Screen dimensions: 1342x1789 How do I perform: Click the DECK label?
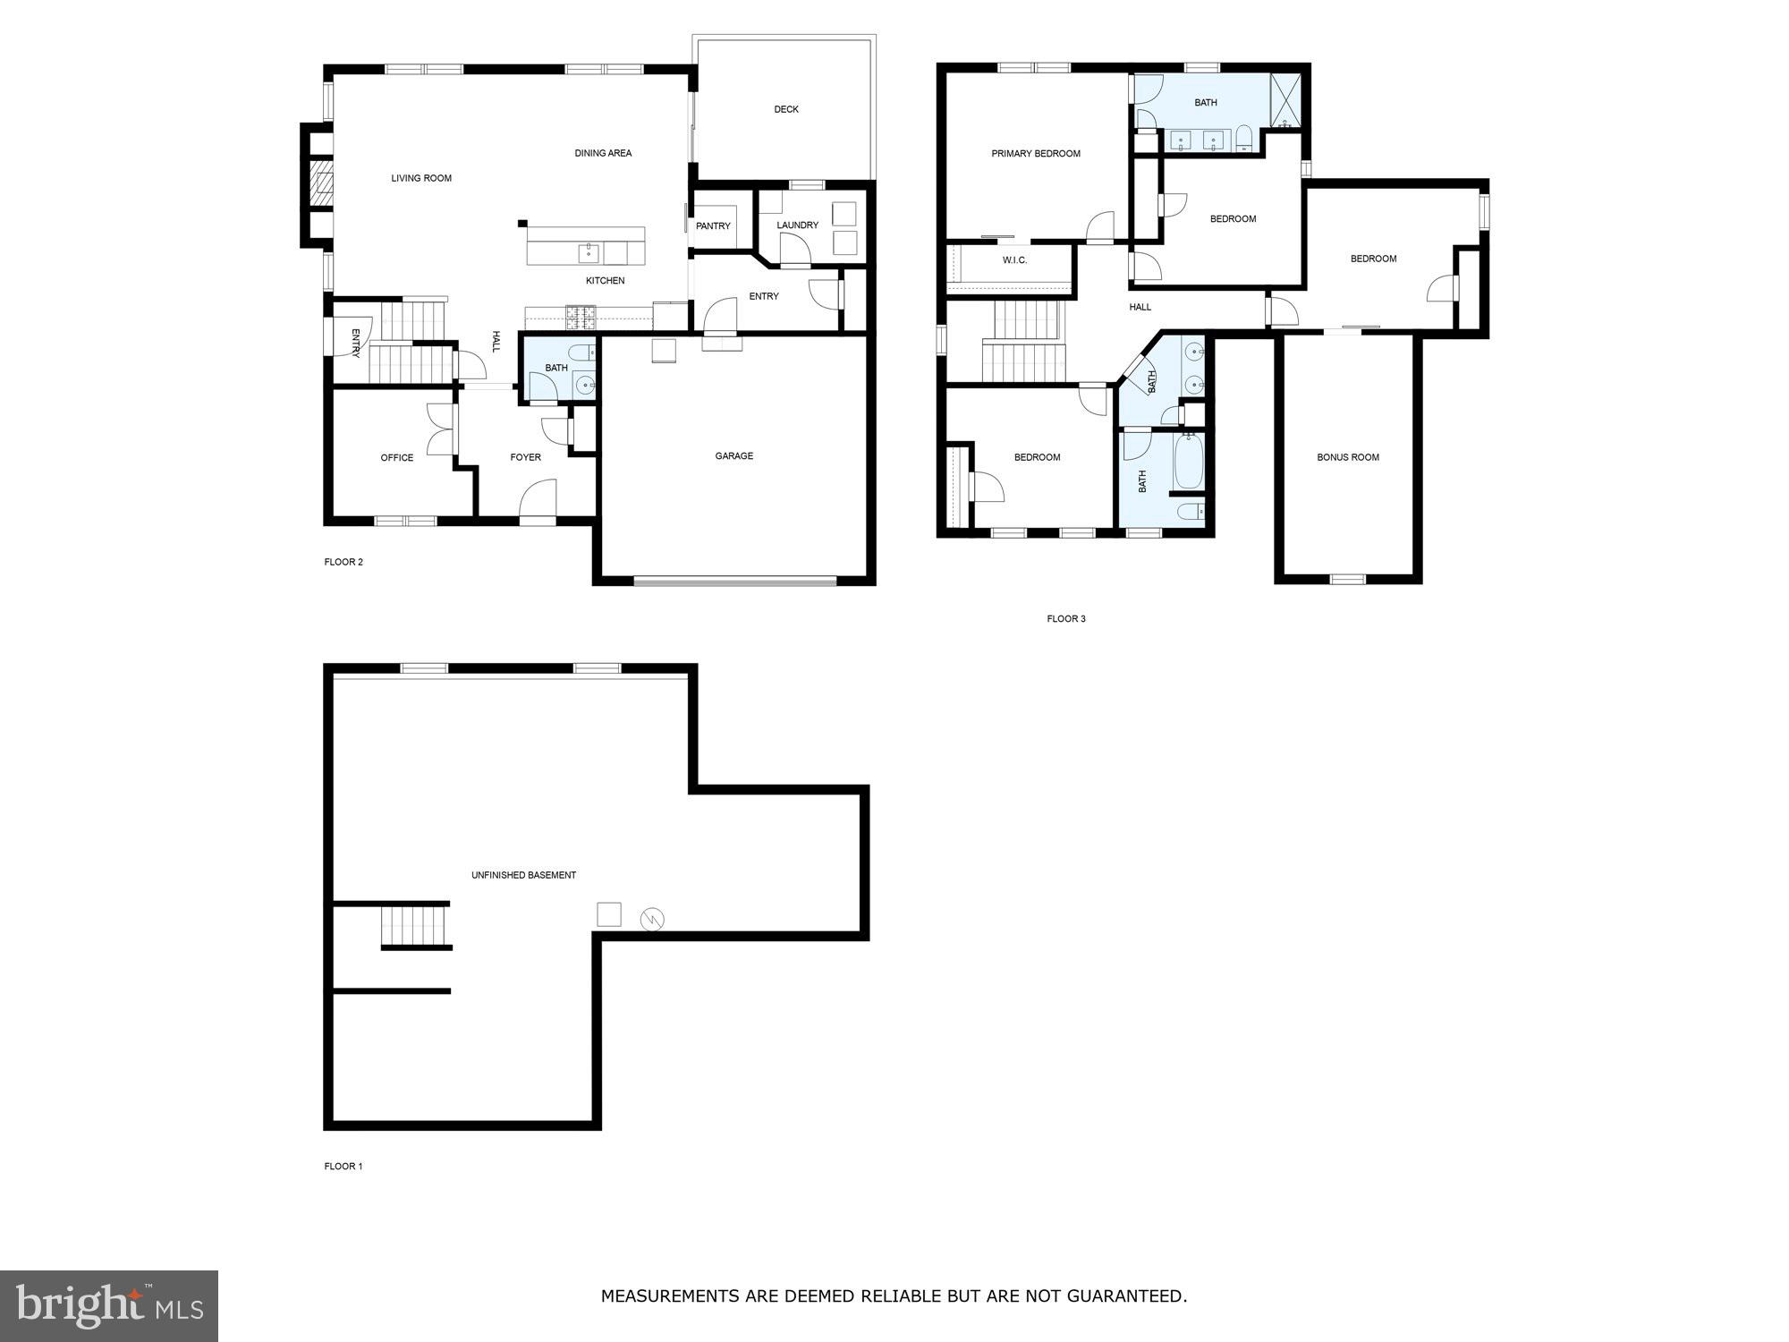click(786, 109)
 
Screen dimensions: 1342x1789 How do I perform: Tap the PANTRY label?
click(713, 226)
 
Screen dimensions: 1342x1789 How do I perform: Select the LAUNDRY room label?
click(797, 225)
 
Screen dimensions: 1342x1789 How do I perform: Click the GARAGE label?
click(733, 456)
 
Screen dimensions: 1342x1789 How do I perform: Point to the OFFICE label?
click(397, 458)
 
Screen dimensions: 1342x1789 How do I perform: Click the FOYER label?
click(525, 458)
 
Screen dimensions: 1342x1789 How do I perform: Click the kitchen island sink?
click(589, 252)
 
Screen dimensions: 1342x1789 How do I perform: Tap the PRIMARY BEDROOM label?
click(1036, 154)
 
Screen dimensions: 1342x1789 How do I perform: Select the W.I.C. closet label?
click(1014, 260)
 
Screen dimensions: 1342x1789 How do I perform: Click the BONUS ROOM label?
click(1347, 458)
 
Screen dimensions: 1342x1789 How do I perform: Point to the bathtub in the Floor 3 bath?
click(1189, 462)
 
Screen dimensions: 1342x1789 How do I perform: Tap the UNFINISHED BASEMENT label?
click(523, 875)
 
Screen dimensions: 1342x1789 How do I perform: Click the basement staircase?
click(414, 925)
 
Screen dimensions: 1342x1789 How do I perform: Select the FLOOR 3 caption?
click(1066, 619)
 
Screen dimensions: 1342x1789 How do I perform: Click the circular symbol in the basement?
click(652, 919)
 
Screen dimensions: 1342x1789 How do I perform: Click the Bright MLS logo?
click(109, 1305)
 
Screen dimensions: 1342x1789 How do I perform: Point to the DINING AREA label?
click(603, 154)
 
